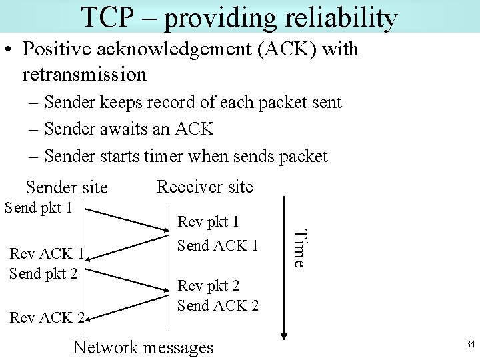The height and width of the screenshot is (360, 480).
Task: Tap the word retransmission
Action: (84, 74)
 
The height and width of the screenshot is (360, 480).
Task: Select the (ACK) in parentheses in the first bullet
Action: (285, 49)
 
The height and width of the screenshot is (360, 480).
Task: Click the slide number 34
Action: (470, 345)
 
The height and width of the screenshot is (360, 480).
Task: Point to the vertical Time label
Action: (301, 248)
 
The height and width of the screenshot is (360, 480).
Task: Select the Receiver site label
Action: (205, 187)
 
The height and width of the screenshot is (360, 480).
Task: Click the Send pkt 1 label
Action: (39, 207)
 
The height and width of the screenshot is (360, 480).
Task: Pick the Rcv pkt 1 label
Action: (208, 222)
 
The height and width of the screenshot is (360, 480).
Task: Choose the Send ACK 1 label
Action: (217, 245)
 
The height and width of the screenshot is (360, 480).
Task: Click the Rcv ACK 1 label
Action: (45, 254)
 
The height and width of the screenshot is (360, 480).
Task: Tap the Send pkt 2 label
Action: (43, 274)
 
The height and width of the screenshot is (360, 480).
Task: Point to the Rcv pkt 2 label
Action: (208, 286)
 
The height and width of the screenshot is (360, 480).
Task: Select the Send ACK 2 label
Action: (217, 306)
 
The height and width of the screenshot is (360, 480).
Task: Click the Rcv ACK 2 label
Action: (46, 317)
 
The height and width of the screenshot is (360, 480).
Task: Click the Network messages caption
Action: (143, 347)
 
